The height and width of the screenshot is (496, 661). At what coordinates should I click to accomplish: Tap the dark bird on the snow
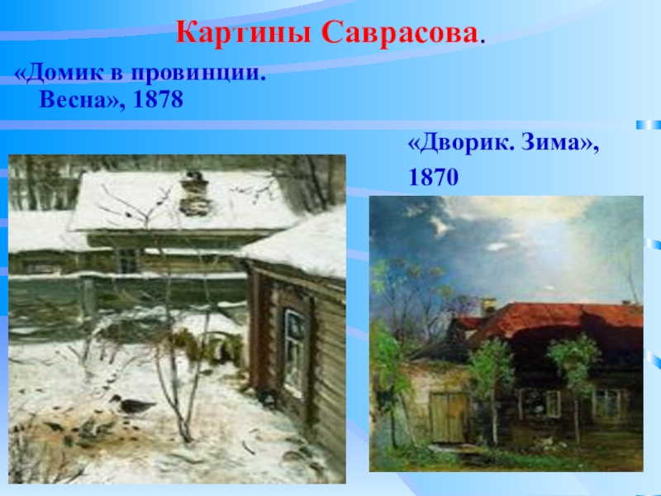pyautogui.click(x=136, y=405)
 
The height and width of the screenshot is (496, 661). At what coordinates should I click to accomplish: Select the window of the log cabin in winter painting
pyautogui.click(x=294, y=351)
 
